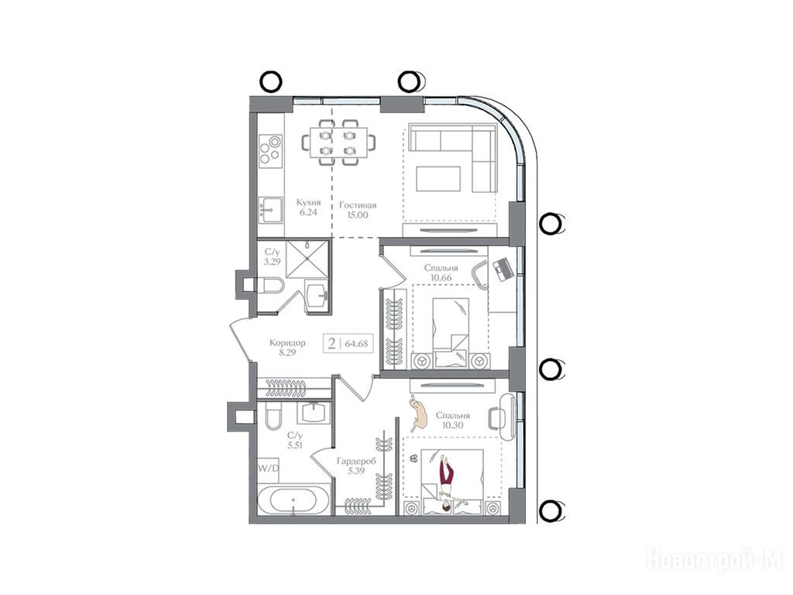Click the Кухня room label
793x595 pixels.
(308, 202)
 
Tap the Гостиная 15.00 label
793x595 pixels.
(358, 210)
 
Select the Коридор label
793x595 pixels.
(287, 342)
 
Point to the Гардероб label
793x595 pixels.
(356, 462)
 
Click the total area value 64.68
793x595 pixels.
(356, 344)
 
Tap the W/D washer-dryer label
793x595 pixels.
(268, 469)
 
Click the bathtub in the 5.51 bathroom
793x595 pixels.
(294, 500)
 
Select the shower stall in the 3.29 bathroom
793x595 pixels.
(307, 259)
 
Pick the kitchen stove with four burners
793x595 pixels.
(270, 150)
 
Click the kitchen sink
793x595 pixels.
(270, 209)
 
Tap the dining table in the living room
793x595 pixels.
(338, 143)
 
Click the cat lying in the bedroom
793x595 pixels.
(418, 412)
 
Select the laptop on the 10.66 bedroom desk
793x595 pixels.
(502, 269)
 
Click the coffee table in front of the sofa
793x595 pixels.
(438, 179)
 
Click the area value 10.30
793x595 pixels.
(452, 425)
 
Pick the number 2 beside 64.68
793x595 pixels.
(331, 344)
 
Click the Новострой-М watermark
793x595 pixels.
(714, 559)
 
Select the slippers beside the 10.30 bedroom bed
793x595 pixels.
(413, 458)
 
